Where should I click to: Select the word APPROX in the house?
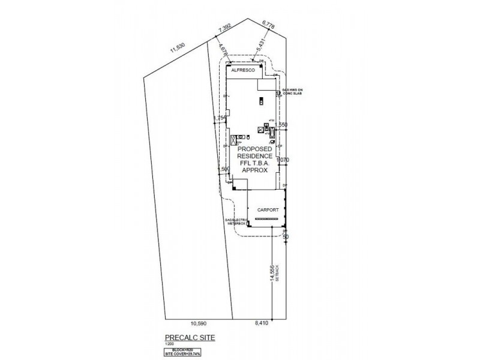(257, 170)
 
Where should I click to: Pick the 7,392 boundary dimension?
(224, 28)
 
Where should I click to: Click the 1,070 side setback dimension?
(283, 160)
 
